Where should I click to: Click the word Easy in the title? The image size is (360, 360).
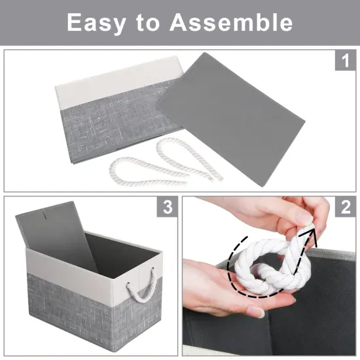pos(96,23)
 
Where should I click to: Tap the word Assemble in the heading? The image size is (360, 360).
pos(231,23)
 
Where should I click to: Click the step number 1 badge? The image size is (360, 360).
pos(344,63)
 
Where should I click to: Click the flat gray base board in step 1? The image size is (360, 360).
pos(242,111)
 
